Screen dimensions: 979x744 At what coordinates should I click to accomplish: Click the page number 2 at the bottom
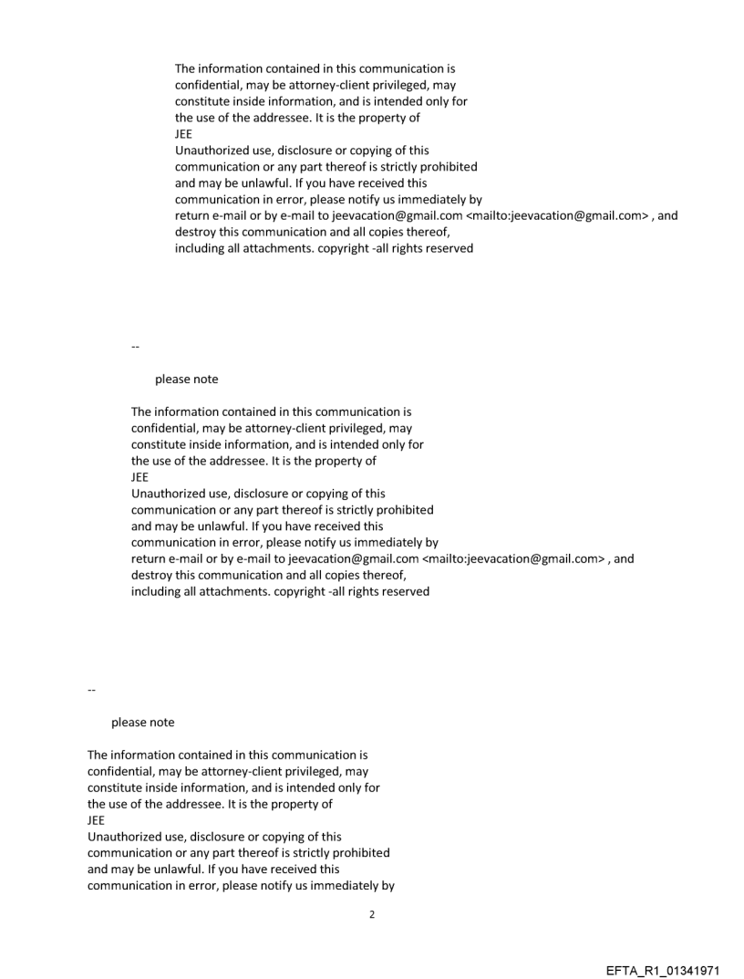pyautogui.click(x=371, y=914)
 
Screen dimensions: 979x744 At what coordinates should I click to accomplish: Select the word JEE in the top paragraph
pyautogui.click(x=184, y=133)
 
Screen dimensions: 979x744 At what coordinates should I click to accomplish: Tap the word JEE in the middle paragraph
pyautogui.click(x=140, y=476)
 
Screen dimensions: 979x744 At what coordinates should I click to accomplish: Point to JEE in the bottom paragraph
pyautogui.click(x=97, y=819)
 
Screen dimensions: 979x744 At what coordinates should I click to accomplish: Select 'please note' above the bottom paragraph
pyautogui.click(x=142, y=723)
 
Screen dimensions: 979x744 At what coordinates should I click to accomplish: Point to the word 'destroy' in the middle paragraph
pyautogui.click(x=152, y=575)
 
